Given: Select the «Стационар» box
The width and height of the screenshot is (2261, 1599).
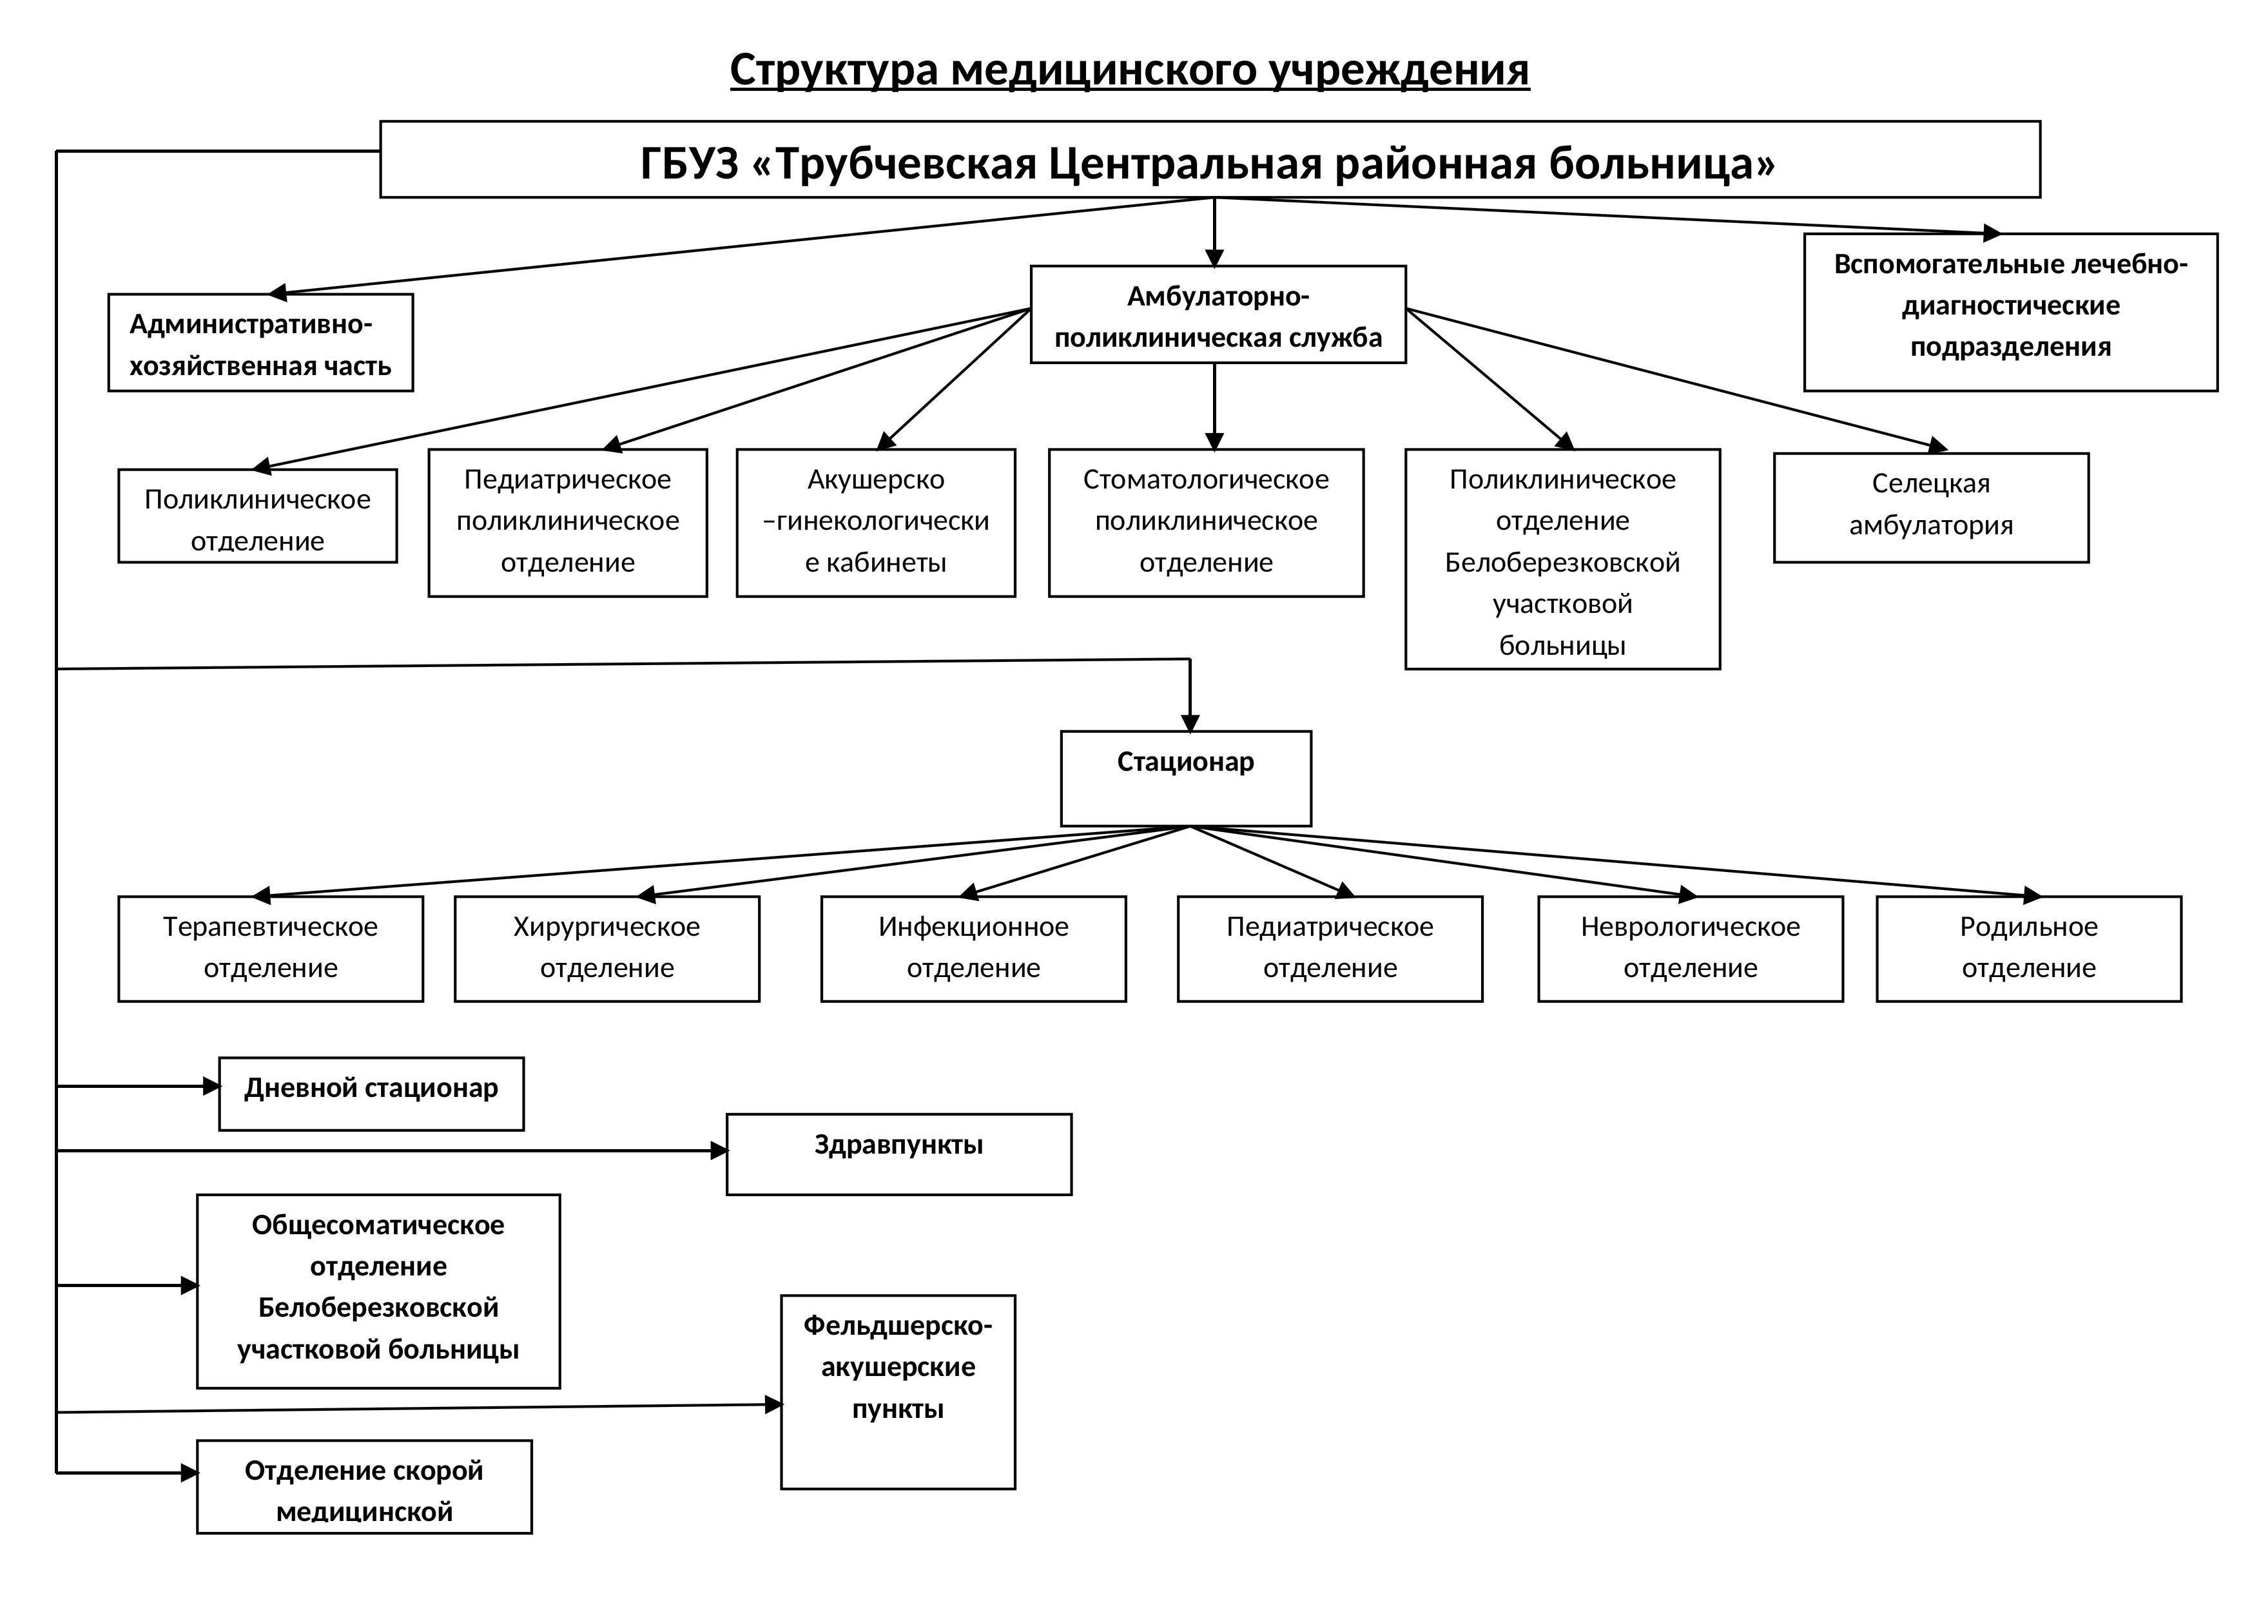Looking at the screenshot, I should [1186, 778].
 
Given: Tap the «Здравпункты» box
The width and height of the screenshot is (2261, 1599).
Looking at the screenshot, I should [898, 1154].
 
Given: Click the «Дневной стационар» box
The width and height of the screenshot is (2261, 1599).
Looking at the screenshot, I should [371, 1093].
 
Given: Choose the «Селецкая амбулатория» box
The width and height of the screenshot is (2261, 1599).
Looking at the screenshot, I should [1930, 507].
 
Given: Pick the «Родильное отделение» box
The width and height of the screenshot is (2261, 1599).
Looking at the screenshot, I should [2028, 948].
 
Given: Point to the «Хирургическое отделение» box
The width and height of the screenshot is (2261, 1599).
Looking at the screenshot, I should [606, 948].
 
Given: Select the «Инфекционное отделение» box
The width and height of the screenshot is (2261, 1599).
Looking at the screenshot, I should [973, 948].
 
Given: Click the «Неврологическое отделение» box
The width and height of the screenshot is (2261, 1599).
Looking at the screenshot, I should [1690, 948].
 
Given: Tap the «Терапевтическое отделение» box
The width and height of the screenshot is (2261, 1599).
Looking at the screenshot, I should [271, 948].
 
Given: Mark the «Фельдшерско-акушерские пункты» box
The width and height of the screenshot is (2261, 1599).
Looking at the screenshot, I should [897, 1391].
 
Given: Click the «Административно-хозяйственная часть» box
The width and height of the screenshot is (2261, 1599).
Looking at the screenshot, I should [260, 343].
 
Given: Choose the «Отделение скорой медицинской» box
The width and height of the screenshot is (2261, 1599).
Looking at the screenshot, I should [364, 1487].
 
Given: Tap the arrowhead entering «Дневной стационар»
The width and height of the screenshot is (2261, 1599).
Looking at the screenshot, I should [211, 1086].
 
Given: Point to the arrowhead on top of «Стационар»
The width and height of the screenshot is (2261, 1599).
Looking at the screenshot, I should [1190, 724].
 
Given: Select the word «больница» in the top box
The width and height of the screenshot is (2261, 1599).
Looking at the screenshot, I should [1662, 164].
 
